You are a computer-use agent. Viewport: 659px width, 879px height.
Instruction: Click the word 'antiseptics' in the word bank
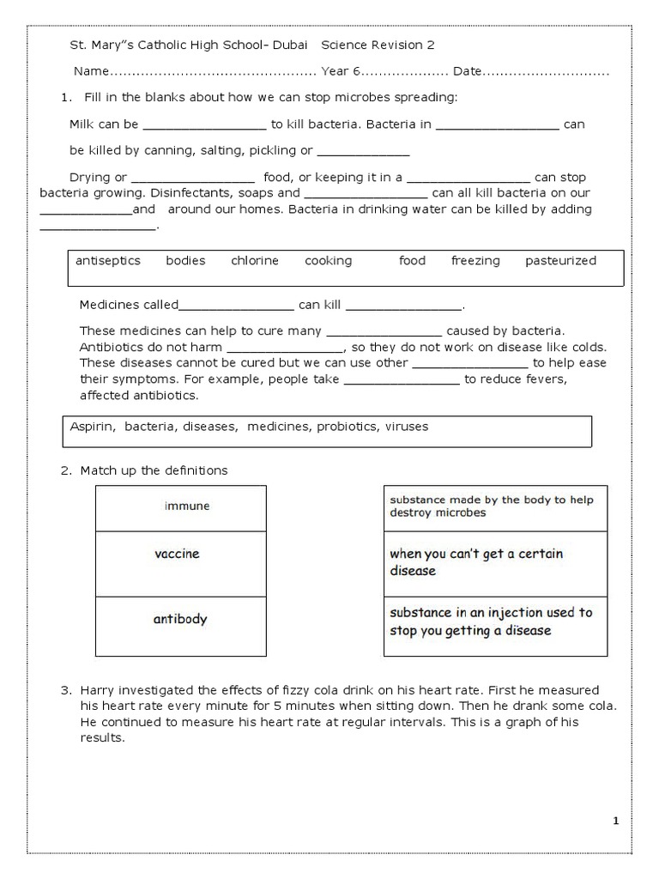click(x=107, y=261)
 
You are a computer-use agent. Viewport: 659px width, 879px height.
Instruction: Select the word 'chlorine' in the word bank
click(x=254, y=261)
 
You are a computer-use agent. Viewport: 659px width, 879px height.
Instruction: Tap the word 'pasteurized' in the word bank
click(x=560, y=261)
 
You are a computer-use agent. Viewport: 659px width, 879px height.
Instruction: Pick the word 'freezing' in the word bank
click(x=475, y=261)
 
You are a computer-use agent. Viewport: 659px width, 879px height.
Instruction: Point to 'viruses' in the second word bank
click(x=407, y=426)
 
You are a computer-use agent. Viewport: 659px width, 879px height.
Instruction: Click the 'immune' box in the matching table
click(x=186, y=506)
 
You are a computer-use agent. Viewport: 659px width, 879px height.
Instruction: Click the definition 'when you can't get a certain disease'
click(x=476, y=562)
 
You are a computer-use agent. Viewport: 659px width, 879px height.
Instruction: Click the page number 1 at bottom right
click(x=615, y=821)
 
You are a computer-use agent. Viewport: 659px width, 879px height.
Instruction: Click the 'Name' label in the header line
click(x=92, y=73)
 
